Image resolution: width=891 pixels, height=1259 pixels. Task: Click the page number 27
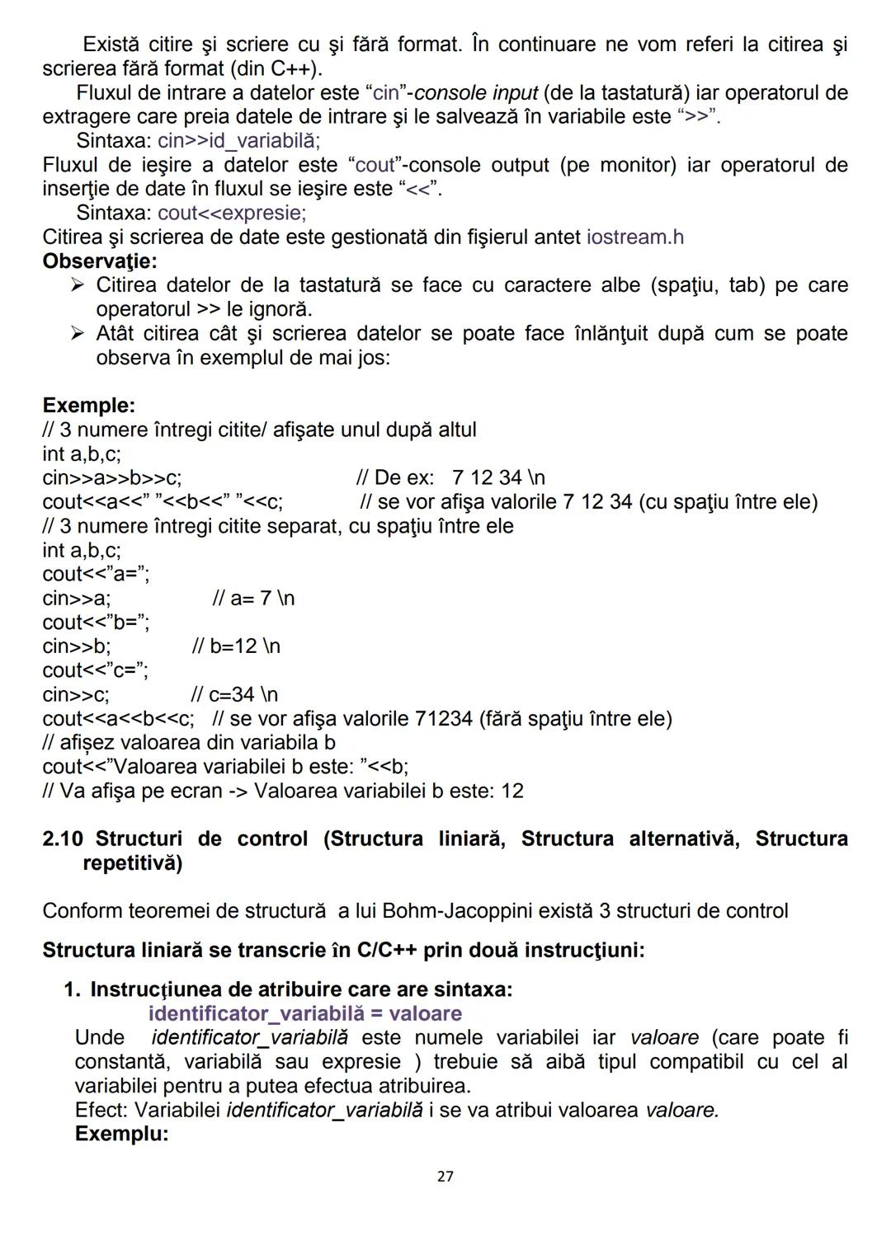point(445,1176)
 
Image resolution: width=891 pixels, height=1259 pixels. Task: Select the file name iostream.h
point(634,237)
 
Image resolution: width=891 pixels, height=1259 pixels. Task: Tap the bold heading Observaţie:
point(100,261)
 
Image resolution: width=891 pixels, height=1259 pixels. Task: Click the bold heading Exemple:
point(88,406)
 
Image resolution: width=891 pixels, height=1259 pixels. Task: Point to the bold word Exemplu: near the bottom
point(121,1134)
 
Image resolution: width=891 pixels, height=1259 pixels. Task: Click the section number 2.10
point(63,839)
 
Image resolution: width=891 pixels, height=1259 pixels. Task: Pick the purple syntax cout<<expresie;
point(232,214)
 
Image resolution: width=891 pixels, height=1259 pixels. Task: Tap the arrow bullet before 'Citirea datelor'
point(78,285)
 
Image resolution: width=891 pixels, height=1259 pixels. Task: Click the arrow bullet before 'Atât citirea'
point(78,334)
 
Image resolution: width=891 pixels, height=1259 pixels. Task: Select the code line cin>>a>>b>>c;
point(112,478)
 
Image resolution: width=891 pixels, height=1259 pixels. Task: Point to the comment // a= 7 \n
point(253,599)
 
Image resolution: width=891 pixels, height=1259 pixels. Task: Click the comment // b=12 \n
point(236,646)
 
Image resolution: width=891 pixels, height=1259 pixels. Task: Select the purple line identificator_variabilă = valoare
point(304,1013)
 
